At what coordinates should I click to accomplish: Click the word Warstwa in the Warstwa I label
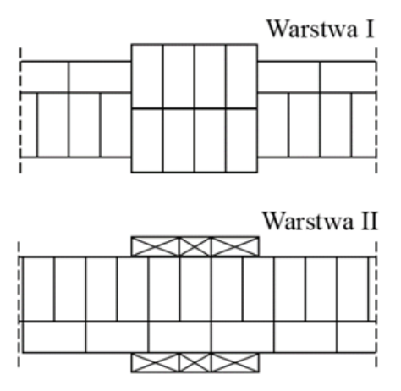[311, 29]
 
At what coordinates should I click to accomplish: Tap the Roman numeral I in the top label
[370, 29]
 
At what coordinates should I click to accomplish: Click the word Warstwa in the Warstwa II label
[308, 222]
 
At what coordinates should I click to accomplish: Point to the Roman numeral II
[369, 222]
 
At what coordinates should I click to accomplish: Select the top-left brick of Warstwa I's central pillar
[147, 76]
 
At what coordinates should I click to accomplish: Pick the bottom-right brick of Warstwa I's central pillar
[241, 140]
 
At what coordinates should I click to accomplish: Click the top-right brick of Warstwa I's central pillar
[241, 76]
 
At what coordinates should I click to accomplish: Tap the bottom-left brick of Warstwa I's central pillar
[147, 140]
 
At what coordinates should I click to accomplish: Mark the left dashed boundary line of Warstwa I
[20, 110]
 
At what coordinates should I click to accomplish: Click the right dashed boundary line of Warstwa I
[376, 110]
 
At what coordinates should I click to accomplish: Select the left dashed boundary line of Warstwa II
[19, 304]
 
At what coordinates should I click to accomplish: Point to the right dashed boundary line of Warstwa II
[376, 304]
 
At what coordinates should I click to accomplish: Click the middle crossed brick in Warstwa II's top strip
[195, 247]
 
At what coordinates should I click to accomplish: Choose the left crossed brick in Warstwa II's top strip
[155, 247]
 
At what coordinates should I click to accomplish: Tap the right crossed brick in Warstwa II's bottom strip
[235, 362]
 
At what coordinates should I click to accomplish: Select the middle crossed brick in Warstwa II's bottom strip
[195, 362]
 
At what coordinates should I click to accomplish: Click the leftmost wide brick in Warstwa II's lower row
[54, 337]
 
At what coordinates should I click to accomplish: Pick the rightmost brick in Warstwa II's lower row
[356, 337]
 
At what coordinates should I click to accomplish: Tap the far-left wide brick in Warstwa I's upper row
[45, 77]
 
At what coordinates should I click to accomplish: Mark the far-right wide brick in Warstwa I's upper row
[348, 77]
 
